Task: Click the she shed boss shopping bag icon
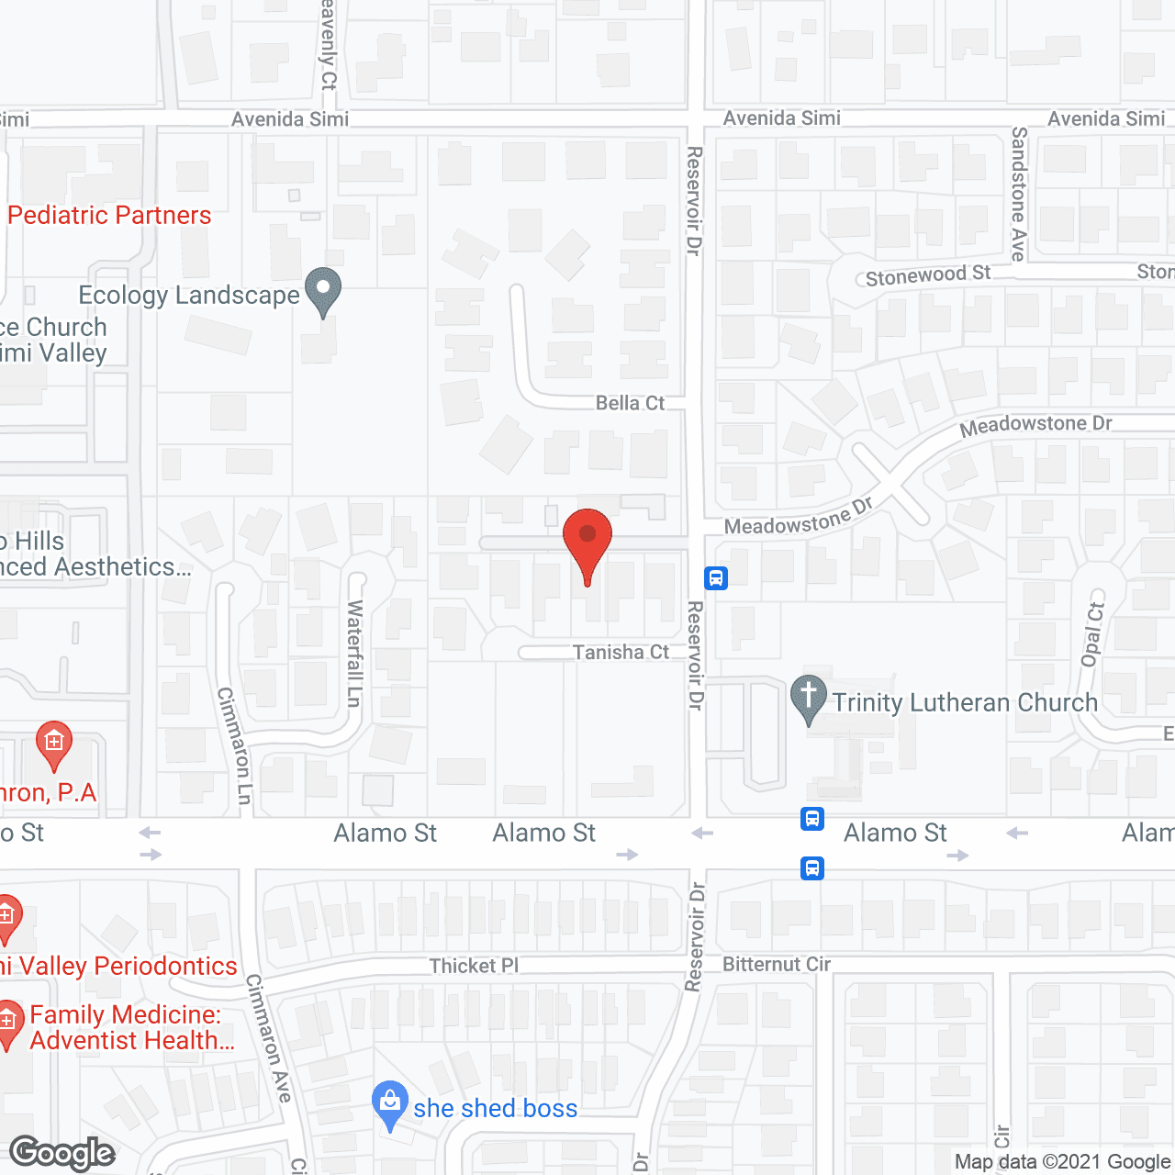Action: (x=390, y=1103)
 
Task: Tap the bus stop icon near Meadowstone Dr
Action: (x=716, y=578)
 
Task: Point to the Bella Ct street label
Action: (x=630, y=403)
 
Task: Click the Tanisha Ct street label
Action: (x=621, y=652)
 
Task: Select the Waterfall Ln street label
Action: (x=354, y=653)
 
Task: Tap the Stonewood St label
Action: (x=927, y=274)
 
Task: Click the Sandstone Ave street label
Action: (x=1019, y=194)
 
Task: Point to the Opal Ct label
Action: (x=1092, y=633)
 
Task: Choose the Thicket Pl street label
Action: (x=474, y=966)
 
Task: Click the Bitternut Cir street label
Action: (x=777, y=964)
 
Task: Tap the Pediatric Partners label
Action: (x=109, y=215)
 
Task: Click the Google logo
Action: (x=62, y=1153)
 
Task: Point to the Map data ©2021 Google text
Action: (x=1063, y=1161)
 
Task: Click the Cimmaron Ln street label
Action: (x=234, y=745)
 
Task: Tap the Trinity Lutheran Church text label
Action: (x=965, y=702)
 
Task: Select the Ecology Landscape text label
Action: (x=189, y=295)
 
